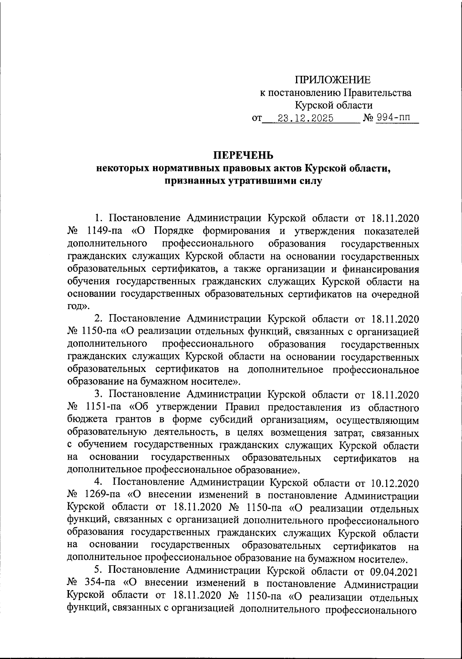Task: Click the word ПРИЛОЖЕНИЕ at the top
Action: point(333,80)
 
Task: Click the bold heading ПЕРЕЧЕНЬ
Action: point(243,156)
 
